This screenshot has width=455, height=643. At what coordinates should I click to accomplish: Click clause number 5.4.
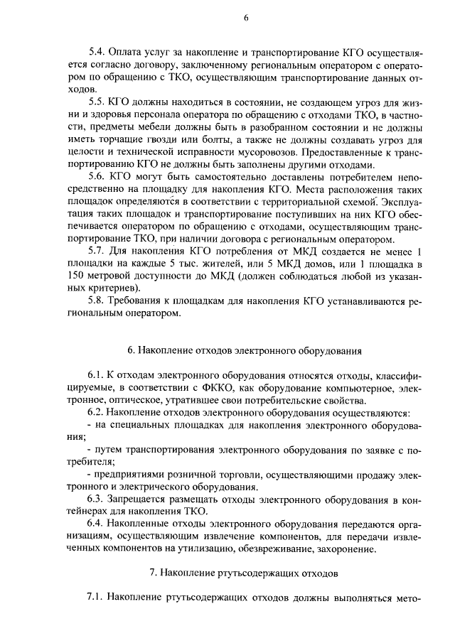[x=96, y=54]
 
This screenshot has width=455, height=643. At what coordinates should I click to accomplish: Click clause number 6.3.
[x=96, y=497]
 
